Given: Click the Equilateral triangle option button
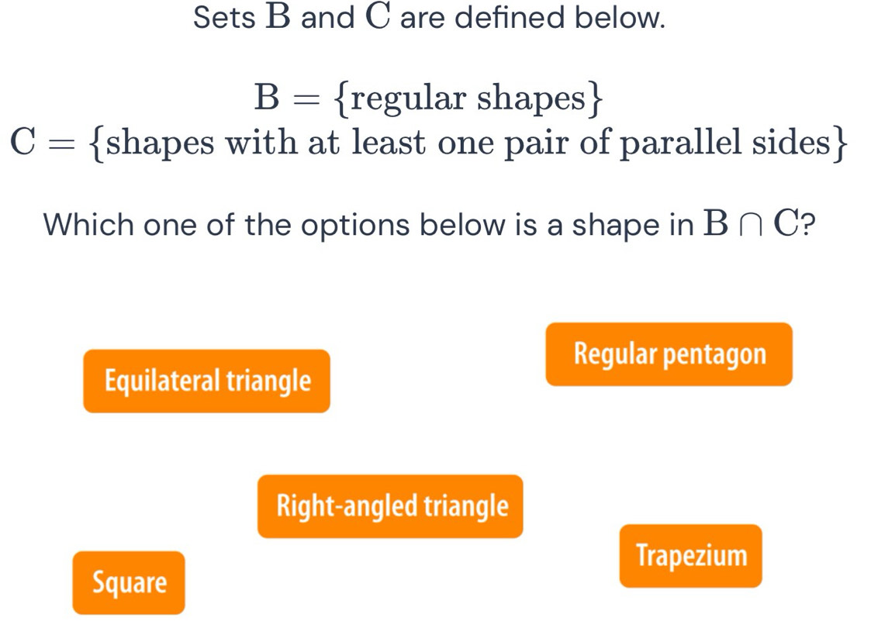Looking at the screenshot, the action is [206, 381].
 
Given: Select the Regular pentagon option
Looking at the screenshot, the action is [669, 354].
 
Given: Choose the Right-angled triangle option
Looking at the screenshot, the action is [390, 506].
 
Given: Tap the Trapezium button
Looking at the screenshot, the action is [691, 556].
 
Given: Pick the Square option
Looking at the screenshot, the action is [129, 582].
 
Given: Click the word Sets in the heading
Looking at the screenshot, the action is [224, 17].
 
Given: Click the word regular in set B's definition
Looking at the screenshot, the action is [407, 98].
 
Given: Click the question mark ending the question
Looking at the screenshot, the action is [807, 225].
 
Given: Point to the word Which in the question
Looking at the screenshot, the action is [89, 225].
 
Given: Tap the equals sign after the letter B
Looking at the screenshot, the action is [307, 99].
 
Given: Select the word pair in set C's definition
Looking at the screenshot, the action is [536, 144].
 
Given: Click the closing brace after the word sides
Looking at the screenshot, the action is [839, 143].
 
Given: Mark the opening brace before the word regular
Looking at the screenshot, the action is [341, 99].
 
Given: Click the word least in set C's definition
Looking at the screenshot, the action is [389, 142].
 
